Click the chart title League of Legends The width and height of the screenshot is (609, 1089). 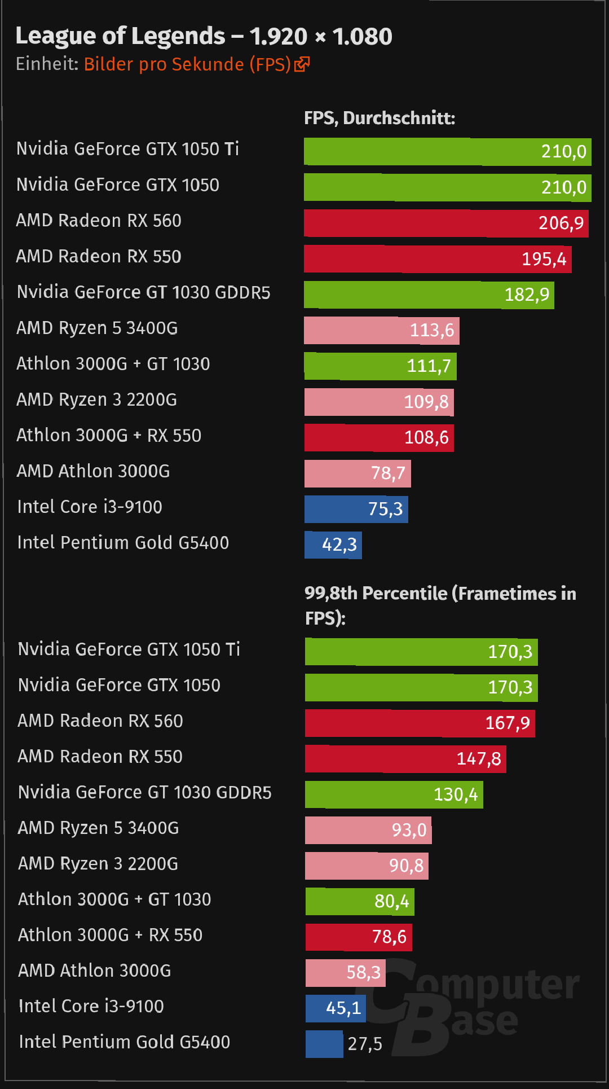[x=204, y=36]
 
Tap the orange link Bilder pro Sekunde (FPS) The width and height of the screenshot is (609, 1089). [x=187, y=64]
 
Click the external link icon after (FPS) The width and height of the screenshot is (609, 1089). [x=302, y=64]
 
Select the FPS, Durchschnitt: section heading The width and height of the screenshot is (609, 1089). [x=379, y=118]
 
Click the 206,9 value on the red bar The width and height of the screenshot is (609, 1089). [x=561, y=223]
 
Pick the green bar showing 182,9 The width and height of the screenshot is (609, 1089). [x=429, y=295]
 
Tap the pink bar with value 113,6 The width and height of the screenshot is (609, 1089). [x=381, y=330]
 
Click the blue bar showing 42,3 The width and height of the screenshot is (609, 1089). [x=333, y=544]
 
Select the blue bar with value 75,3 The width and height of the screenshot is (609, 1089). [x=356, y=509]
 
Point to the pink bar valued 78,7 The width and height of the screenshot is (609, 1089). [x=358, y=473]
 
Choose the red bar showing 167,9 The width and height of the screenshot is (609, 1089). [x=420, y=723]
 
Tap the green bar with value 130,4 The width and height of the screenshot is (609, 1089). [x=394, y=794]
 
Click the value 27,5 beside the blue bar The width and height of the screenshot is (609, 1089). [x=365, y=1044]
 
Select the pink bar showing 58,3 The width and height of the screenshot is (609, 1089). [x=345, y=972]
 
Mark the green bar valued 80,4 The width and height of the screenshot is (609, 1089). [x=360, y=901]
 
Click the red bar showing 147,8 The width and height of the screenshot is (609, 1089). [x=405, y=758]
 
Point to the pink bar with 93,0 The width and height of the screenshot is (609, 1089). [x=368, y=830]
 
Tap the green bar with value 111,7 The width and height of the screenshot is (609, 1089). [x=380, y=366]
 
